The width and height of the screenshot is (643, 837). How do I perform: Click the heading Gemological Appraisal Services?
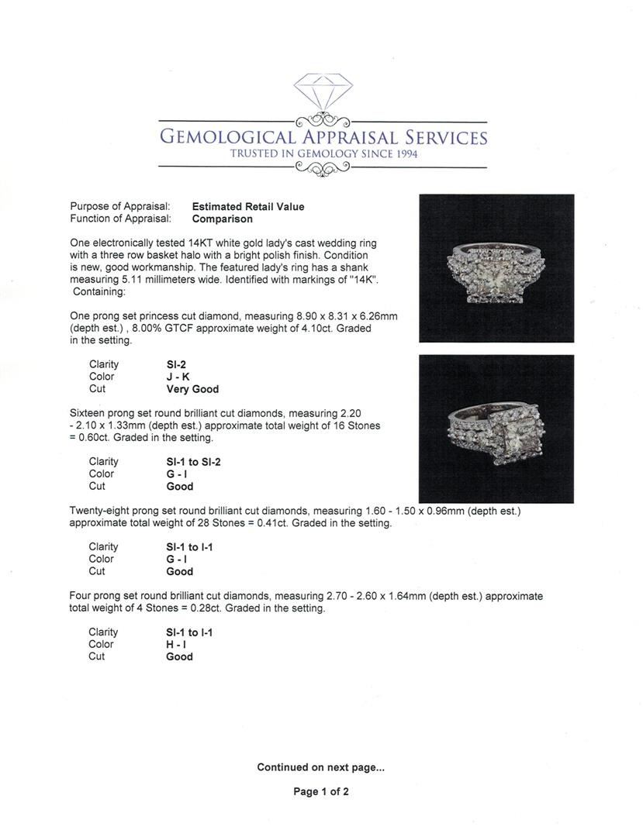coord(323,138)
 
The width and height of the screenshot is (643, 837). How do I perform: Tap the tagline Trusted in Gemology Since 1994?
coord(323,154)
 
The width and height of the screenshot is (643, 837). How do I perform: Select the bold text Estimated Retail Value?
coord(248,207)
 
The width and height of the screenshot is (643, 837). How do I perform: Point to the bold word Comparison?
coord(223,219)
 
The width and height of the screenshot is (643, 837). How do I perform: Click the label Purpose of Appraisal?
coord(120,207)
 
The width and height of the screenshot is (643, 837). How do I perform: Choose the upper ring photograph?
coord(496,268)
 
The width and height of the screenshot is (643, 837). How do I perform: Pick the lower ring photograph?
coord(496,429)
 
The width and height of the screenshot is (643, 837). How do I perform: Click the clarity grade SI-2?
coord(177,364)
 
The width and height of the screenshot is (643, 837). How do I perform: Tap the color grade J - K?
coord(178,377)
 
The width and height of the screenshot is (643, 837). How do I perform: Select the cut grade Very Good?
coord(192,389)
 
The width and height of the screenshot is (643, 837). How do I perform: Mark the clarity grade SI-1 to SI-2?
coord(194,462)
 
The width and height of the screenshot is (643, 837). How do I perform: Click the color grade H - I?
coord(176,644)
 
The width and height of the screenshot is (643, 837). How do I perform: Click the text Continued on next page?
coord(321,767)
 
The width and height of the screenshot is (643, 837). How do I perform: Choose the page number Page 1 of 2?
coord(321,791)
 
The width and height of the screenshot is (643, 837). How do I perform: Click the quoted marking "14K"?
coord(363,279)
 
